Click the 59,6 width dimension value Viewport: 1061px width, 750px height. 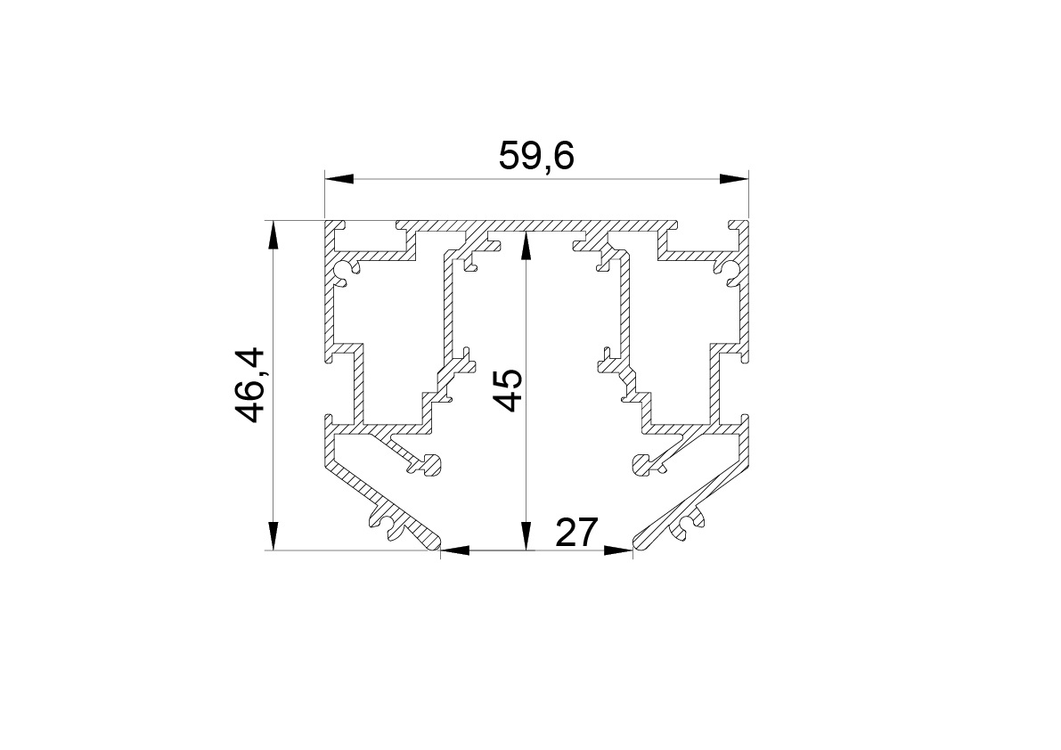[x=536, y=156]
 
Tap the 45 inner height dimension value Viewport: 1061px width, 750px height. [x=507, y=390]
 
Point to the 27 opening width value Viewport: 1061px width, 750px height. [x=576, y=533]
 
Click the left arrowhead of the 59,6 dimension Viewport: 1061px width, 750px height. [x=339, y=179]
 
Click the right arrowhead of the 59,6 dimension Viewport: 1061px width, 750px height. [x=734, y=179]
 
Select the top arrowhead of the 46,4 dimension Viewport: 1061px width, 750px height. [x=273, y=234]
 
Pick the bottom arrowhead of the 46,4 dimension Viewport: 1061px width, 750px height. [x=273, y=535]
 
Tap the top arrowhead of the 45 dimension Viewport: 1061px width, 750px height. [x=526, y=246]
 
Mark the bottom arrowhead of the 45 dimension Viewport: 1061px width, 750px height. [x=526, y=535]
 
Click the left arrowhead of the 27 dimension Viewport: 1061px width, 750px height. [x=454, y=550]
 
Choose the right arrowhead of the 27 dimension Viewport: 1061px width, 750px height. [x=618, y=550]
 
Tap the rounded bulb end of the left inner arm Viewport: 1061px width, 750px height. [x=430, y=464]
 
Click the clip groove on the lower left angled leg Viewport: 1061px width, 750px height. [x=387, y=525]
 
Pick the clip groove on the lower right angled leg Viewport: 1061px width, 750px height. [x=686, y=525]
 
